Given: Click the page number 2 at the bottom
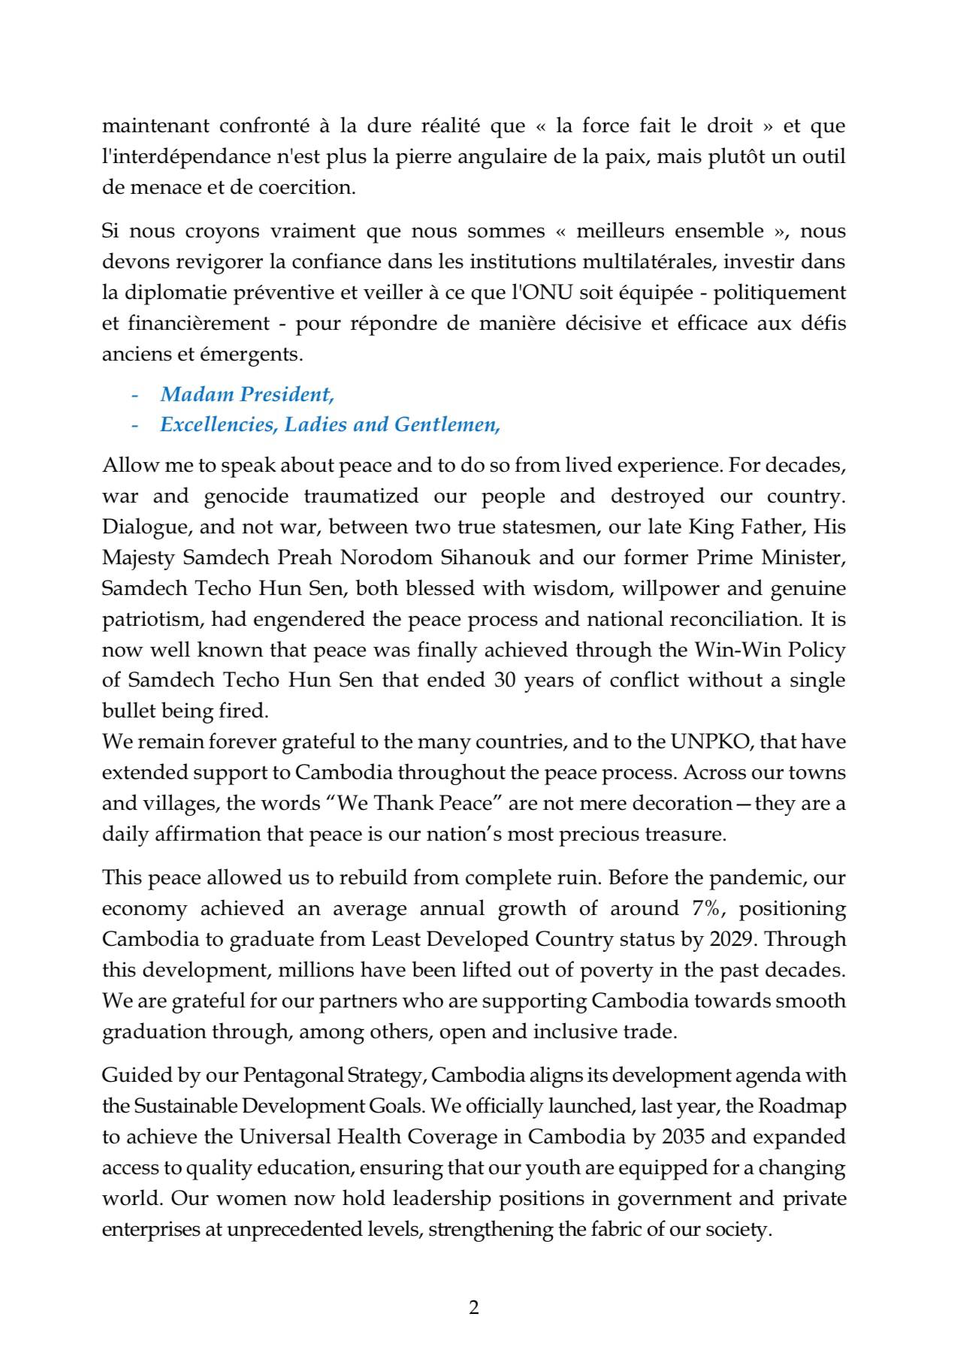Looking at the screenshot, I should pyautogui.click(x=473, y=1309).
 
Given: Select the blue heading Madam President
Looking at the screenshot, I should pyautogui.click(x=246, y=394).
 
